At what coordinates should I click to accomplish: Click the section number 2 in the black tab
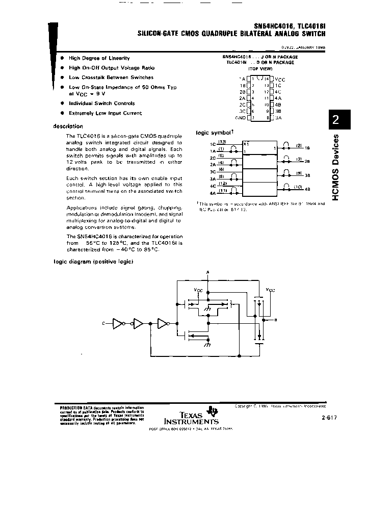[335, 121]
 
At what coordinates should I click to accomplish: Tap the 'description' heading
[68, 126]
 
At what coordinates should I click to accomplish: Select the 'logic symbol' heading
[211, 133]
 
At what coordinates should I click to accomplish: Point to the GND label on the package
[240, 118]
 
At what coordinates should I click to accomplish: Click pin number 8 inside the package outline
[267, 118]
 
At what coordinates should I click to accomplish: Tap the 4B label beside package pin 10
[278, 105]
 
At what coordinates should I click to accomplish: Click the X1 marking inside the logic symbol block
[246, 143]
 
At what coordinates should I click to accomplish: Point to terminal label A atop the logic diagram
[208, 272]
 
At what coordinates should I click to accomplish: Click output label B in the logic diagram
[276, 320]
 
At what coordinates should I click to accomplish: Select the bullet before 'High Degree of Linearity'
[62, 58]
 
